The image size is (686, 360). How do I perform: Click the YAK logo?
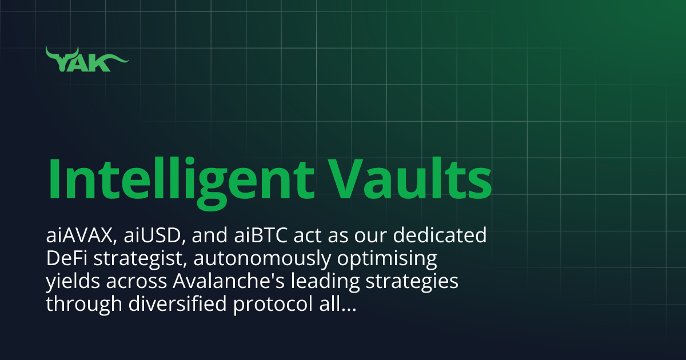point(87,60)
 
